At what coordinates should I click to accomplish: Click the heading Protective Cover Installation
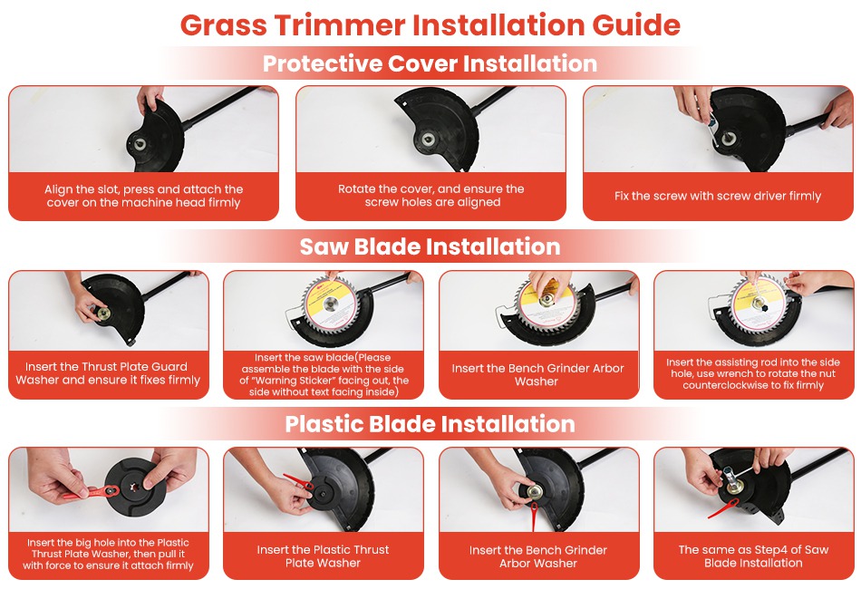click(x=430, y=63)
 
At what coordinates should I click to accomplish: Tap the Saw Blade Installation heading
click(x=430, y=247)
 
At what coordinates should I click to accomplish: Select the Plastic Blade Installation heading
click(x=430, y=424)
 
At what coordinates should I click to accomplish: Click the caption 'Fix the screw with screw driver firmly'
click(x=718, y=196)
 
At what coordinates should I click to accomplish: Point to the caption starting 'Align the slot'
click(x=144, y=196)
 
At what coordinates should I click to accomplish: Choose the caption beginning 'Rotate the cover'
click(x=431, y=196)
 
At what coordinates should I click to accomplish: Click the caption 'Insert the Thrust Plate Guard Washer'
click(x=108, y=373)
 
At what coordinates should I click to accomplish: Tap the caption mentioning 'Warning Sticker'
click(x=324, y=374)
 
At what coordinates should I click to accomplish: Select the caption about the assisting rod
click(x=753, y=373)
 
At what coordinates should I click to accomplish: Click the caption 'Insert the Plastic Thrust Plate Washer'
click(x=323, y=556)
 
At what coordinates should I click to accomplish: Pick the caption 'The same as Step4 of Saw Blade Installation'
click(x=753, y=556)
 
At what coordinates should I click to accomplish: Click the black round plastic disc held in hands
click(x=131, y=488)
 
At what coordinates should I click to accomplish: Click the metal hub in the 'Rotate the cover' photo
click(x=428, y=139)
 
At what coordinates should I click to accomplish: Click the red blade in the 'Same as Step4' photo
click(x=722, y=508)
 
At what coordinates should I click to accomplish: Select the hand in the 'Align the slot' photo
click(x=150, y=99)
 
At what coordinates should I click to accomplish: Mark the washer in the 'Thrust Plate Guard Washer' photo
click(x=102, y=314)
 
